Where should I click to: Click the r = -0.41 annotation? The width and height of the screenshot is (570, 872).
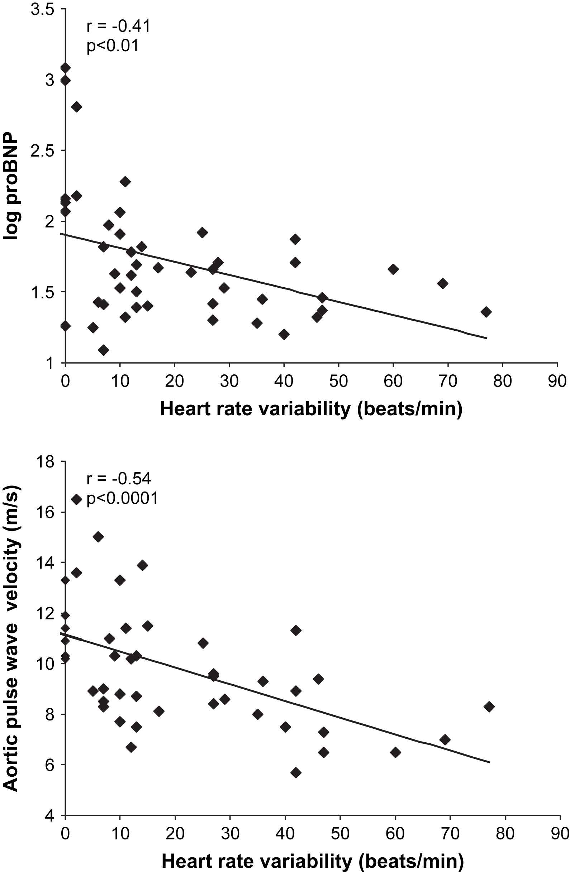pos(118,27)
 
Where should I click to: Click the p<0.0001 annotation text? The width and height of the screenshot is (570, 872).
pos(122,498)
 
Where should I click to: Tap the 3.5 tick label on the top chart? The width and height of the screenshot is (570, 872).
pos(43,10)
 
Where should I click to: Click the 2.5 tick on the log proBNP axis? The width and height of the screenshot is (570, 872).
pos(43,151)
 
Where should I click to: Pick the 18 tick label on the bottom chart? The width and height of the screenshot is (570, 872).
pos(45,463)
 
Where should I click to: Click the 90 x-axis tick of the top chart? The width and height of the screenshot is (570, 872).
pos(557,382)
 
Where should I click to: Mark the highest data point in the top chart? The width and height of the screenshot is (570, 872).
pos(65,68)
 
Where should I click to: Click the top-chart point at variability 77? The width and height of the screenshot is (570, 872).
pos(486,312)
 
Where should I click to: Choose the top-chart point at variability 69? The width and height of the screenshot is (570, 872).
pos(443,283)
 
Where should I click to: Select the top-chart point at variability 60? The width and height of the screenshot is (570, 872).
pos(393,269)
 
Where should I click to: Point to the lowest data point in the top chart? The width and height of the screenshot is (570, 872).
pos(103,350)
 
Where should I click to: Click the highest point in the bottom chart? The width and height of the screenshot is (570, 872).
pos(76,499)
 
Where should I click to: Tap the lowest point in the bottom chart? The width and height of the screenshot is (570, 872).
pos(296,773)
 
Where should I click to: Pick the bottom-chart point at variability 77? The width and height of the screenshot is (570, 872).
pos(489,706)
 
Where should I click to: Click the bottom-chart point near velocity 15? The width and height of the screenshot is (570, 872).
pos(98,537)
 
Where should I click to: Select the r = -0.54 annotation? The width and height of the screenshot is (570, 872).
pos(118,479)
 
